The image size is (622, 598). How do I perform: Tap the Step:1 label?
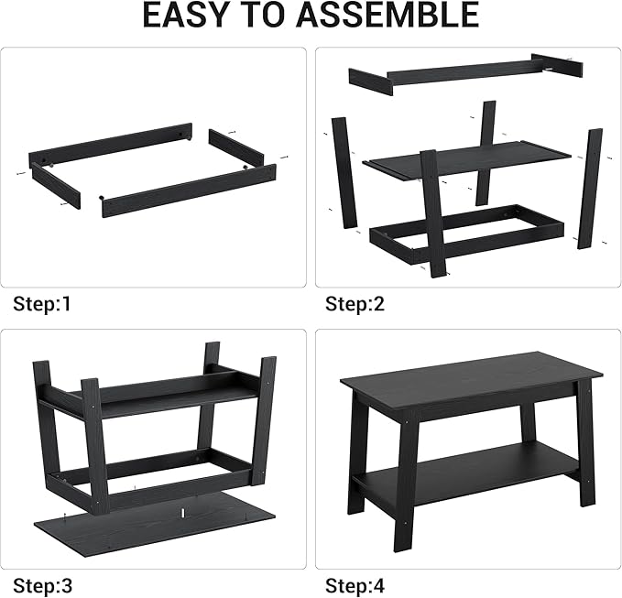pos(42,303)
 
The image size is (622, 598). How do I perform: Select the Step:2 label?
pos(355,303)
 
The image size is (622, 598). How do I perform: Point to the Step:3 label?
pos(42,583)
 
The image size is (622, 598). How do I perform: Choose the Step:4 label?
pos(355,583)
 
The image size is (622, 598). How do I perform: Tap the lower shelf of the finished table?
pos(467,467)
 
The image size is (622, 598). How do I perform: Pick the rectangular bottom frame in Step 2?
pos(467,233)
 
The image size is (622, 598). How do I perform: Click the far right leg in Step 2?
pos(590,188)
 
